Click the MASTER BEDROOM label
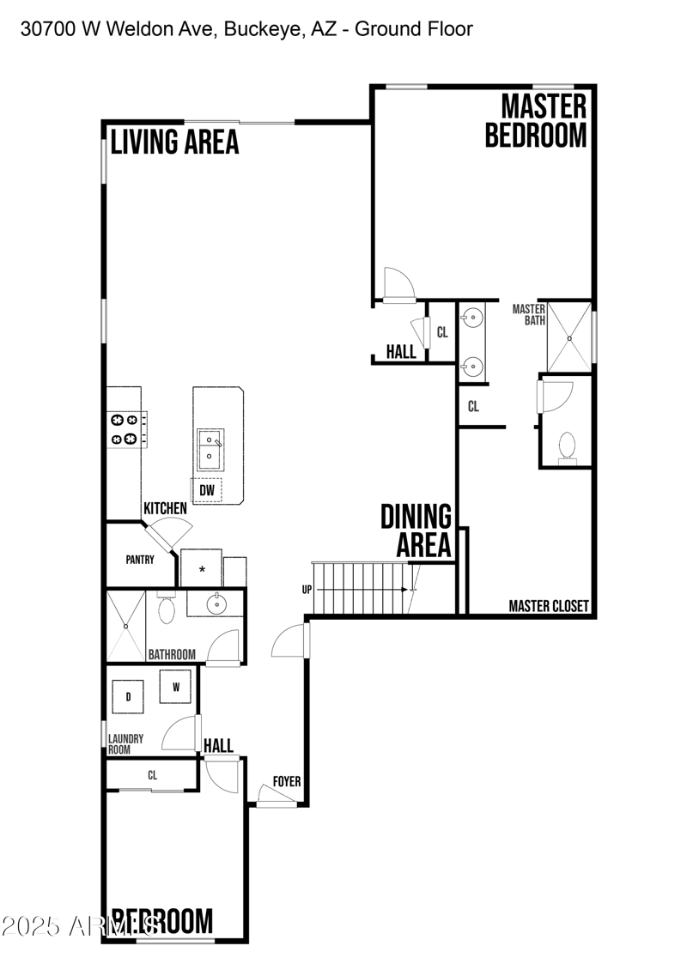click(536, 121)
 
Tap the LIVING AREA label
click(174, 142)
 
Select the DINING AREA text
click(416, 530)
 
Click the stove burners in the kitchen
click(123, 429)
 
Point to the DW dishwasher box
click(206, 490)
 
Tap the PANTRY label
click(140, 560)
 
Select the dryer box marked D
click(129, 696)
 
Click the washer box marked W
click(176, 687)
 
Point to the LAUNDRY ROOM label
click(125, 743)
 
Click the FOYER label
click(287, 781)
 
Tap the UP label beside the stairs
click(307, 590)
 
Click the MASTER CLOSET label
click(549, 606)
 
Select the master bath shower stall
click(568, 332)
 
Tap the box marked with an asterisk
click(202, 569)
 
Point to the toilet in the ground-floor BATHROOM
click(167, 609)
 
